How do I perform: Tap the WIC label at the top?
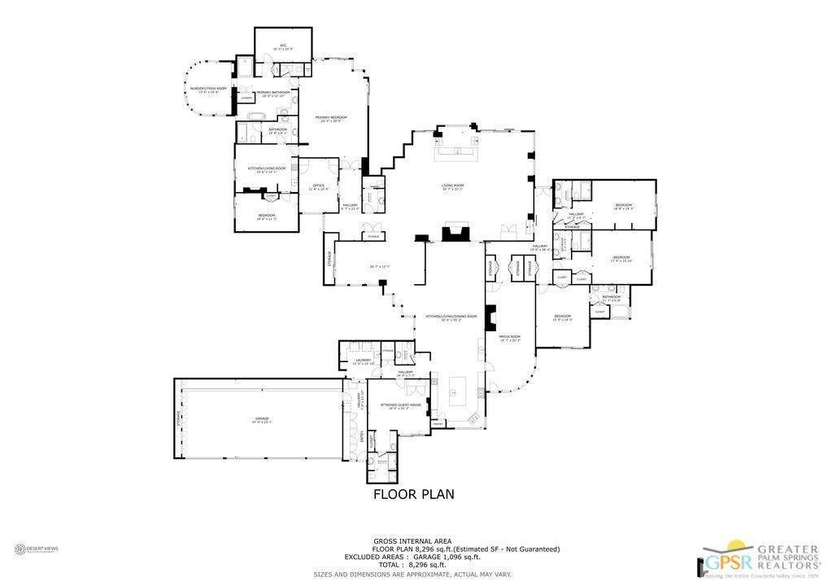pos(283,47)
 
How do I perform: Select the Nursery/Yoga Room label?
pos(208,90)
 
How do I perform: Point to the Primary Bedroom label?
pos(331,119)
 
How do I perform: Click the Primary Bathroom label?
pos(272,94)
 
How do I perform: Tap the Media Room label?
pos(510,338)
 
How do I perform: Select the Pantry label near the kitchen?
pos(438,423)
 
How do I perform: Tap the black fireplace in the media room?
pos(490,316)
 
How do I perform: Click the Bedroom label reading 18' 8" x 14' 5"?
pos(624,206)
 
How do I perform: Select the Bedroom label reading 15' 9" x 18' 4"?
pos(563,317)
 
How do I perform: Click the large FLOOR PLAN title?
pos(413,493)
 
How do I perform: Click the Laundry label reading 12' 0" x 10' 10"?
pos(363,361)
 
